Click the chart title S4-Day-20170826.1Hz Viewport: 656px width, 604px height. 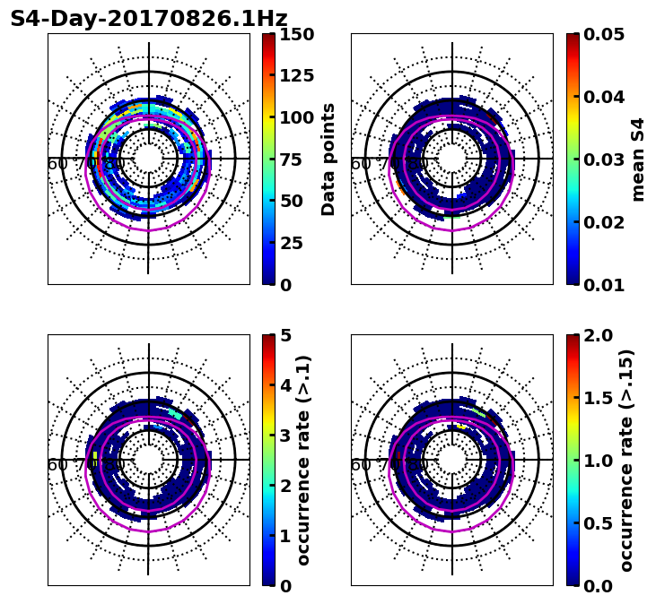(x=149, y=19)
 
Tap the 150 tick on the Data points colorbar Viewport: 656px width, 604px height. (x=295, y=34)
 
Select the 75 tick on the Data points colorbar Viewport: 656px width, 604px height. (x=290, y=160)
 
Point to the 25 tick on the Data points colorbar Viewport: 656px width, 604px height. (x=290, y=243)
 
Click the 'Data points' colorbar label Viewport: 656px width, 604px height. (x=328, y=160)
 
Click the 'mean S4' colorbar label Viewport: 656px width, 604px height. (x=638, y=160)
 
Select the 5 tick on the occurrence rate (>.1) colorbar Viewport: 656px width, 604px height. (x=284, y=335)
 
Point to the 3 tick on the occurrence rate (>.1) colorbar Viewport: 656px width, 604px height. (x=284, y=436)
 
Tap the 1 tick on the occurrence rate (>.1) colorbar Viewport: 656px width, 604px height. (x=284, y=536)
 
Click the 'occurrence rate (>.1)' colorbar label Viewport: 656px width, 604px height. (x=303, y=461)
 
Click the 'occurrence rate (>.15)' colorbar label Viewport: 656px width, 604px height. (x=626, y=461)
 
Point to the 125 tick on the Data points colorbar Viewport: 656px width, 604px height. (x=295, y=76)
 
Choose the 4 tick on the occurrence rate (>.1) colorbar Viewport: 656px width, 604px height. (x=284, y=385)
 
